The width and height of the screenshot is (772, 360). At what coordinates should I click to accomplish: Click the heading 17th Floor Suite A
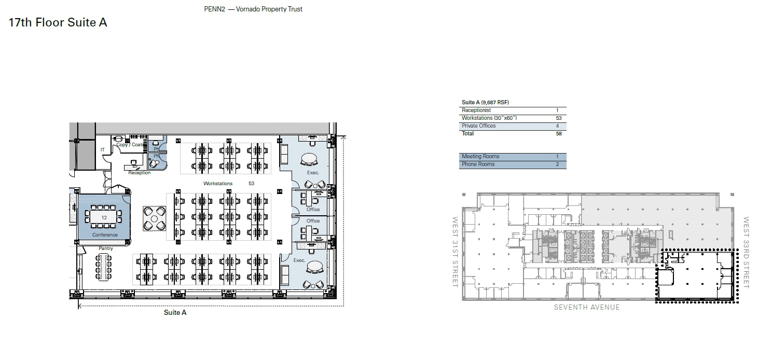[58, 23]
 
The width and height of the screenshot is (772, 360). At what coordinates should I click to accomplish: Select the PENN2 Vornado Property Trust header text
[253, 9]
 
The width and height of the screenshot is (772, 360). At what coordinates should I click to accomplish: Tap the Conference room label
[105, 235]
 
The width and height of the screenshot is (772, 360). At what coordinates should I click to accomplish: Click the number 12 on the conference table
[104, 218]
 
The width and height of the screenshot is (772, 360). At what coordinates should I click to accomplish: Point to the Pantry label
[106, 248]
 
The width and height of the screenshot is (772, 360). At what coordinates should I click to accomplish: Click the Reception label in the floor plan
[140, 173]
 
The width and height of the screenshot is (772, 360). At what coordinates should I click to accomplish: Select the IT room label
[103, 150]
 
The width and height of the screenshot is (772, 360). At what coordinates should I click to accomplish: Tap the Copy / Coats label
[130, 145]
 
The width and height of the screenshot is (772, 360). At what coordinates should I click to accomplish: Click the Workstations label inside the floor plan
[218, 184]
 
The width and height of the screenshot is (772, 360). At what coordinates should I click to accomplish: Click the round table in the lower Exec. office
[315, 267]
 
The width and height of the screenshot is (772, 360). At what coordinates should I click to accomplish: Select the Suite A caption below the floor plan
[175, 312]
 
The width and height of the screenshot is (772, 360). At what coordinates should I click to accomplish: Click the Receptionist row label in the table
[476, 110]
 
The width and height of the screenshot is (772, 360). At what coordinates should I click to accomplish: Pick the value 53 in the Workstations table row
[558, 118]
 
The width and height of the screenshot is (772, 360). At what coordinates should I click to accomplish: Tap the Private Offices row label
[478, 126]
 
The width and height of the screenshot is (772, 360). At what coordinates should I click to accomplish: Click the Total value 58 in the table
[558, 134]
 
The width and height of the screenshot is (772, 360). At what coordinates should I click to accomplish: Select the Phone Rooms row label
[478, 164]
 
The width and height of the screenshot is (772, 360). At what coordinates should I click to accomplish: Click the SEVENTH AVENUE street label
[587, 307]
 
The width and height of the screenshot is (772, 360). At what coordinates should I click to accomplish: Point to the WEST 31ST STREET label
[456, 252]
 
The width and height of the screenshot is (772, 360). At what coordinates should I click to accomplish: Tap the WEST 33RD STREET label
[746, 252]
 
